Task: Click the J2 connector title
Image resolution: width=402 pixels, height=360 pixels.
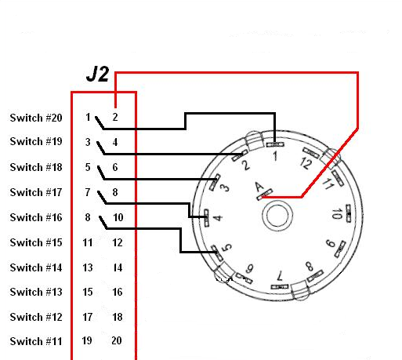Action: coord(97,74)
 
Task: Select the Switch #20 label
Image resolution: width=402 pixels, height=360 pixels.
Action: coord(36,118)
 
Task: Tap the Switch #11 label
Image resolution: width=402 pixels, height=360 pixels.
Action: coord(36,341)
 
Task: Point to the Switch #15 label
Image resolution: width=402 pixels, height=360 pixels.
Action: coord(36,242)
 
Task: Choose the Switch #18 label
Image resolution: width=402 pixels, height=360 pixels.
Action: coord(36,167)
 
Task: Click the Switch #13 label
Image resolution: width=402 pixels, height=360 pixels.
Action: coord(36,292)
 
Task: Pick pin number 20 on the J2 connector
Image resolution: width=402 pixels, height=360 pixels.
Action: coord(117,340)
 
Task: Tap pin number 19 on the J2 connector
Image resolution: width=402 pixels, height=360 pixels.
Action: coord(87,340)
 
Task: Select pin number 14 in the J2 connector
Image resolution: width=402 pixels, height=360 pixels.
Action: coord(118,267)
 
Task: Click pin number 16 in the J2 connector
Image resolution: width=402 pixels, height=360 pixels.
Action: coord(118,292)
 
